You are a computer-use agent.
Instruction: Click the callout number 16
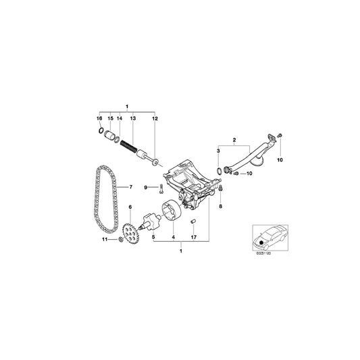click(x=101, y=118)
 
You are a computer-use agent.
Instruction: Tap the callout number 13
click(x=133, y=118)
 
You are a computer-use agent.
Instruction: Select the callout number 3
click(x=218, y=149)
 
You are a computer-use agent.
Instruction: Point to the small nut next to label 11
click(x=120, y=240)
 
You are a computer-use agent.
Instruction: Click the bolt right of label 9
click(x=154, y=187)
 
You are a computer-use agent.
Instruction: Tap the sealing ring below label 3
click(x=219, y=167)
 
